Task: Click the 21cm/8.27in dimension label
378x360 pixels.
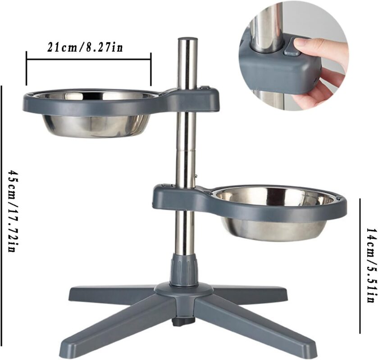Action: click(x=85, y=47)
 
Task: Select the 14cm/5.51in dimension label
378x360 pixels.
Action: click(x=370, y=265)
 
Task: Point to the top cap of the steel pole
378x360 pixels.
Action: click(x=187, y=39)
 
